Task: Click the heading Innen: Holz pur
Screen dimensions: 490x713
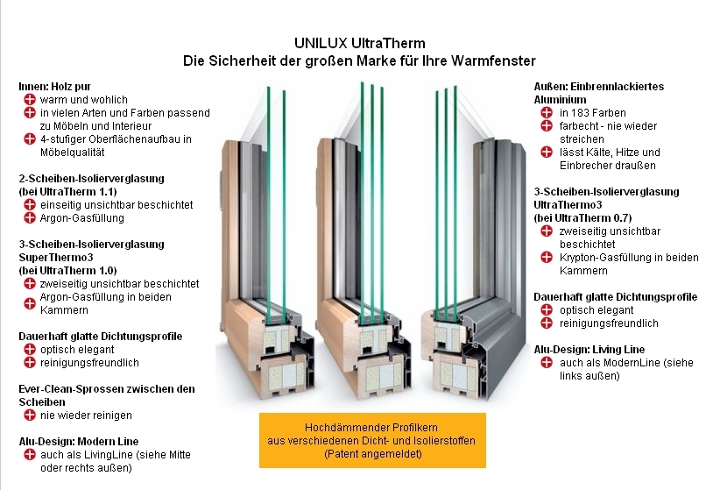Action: tap(54, 87)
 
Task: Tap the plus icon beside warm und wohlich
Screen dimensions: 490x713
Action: tap(30, 100)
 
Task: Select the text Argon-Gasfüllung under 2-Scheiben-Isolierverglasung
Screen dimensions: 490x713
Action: tap(82, 218)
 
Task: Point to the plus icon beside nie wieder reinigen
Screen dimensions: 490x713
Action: tap(30, 415)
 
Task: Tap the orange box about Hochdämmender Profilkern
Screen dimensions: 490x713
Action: tap(371, 441)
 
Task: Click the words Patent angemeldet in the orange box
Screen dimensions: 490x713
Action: tap(371, 455)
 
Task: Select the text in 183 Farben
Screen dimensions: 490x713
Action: tap(591, 113)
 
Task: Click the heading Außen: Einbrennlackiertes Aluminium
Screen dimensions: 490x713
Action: tap(598, 93)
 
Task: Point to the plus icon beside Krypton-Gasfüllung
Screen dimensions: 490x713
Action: tap(546, 258)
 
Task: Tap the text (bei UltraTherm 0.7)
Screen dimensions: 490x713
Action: tap(583, 217)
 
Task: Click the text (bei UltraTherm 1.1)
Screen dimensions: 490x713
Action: tap(67, 191)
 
